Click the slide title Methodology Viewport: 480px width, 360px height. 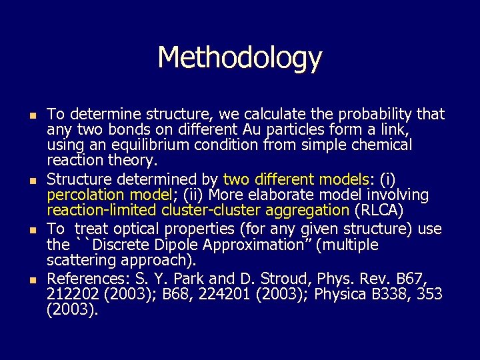point(239,58)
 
